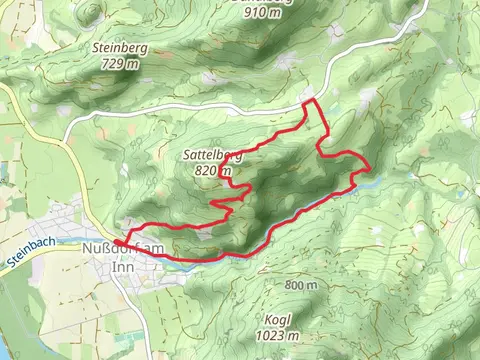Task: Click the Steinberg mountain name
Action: pyautogui.click(x=119, y=47)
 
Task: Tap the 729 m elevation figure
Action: pyautogui.click(x=119, y=62)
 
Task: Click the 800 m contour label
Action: pyautogui.click(x=300, y=286)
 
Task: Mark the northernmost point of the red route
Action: pyautogui.click(x=310, y=101)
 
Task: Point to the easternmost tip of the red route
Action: pyautogui.click(x=371, y=165)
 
